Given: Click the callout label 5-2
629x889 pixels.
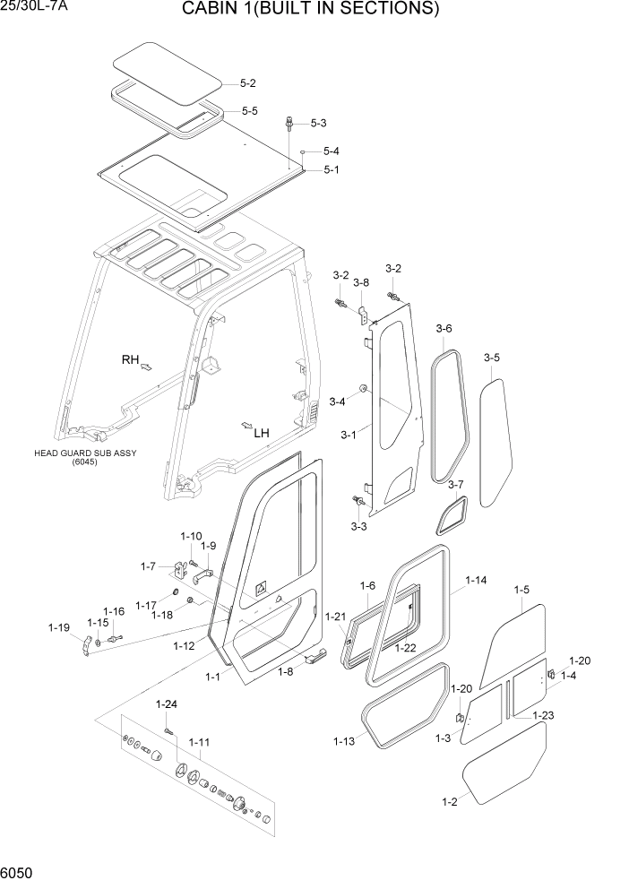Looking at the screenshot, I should point(247,83).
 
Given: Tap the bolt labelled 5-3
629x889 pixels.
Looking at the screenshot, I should point(290,123).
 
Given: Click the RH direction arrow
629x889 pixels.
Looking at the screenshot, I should point(147,367).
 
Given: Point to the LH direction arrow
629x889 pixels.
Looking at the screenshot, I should point(246,424).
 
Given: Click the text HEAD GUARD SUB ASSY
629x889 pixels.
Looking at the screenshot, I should point(77,453).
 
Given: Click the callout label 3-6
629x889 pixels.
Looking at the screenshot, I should point(444,329).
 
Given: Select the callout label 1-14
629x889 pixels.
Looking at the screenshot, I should point(476,581).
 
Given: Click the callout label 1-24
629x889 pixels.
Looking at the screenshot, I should point(167,703).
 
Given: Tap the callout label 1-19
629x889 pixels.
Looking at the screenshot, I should point(58,627).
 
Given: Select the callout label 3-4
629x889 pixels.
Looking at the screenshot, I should point(337,401).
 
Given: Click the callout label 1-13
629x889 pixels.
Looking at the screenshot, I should point(344,741).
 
